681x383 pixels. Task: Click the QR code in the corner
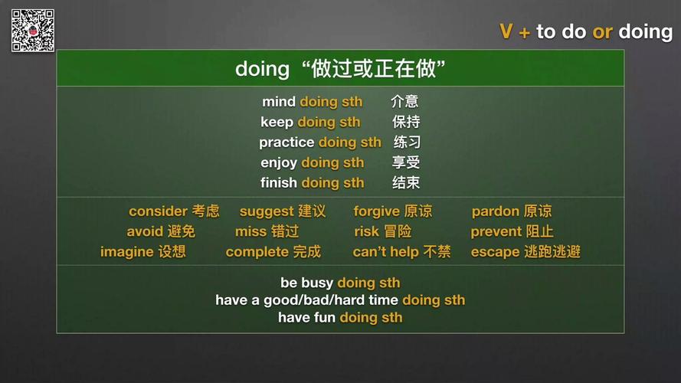[x=32, y=31]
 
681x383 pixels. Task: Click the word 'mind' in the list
[x=279, y=102]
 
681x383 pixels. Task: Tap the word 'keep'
[x=277, y=122]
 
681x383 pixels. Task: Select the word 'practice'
[x=286, y=142]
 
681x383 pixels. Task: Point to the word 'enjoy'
[x=279, y=162]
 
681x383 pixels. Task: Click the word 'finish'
[x=279, y=183]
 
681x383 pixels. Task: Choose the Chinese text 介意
[x=404, y=102]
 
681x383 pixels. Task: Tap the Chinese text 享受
[x=406, y=162]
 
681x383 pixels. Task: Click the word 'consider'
[x=158, y=211]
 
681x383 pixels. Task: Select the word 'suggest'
[x=267, y=211]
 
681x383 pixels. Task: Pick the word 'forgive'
[x=376, y=211]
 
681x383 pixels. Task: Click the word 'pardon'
[x=495, y=211]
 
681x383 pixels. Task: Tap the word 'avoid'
[x=145, y=231]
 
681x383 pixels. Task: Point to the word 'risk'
[x=366, y=231]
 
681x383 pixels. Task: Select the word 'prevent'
[x=496, y=231]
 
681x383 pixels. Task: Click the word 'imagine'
[x=126, y=252]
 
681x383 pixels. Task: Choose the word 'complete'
[x=257, y=252]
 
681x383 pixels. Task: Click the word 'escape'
[x=495, y=252]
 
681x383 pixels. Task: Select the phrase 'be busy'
[x=306, y=283]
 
